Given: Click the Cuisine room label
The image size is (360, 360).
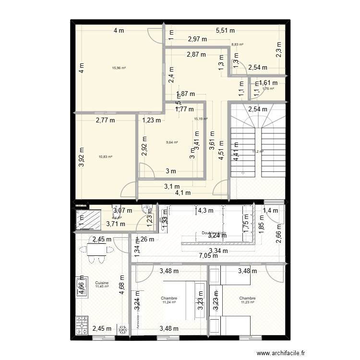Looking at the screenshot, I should (101, 283).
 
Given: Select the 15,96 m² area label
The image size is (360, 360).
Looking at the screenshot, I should (119, 68).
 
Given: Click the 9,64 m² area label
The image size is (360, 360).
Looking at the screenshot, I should (172, 142).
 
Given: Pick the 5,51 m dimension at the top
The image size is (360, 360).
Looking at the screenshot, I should (225, 30).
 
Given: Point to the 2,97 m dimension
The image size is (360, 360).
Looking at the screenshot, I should (197, 39).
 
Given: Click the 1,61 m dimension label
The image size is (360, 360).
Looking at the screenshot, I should (268, 83).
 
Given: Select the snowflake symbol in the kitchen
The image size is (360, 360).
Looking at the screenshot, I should (123, 330).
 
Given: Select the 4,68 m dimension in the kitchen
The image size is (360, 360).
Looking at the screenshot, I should (122, 284).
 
